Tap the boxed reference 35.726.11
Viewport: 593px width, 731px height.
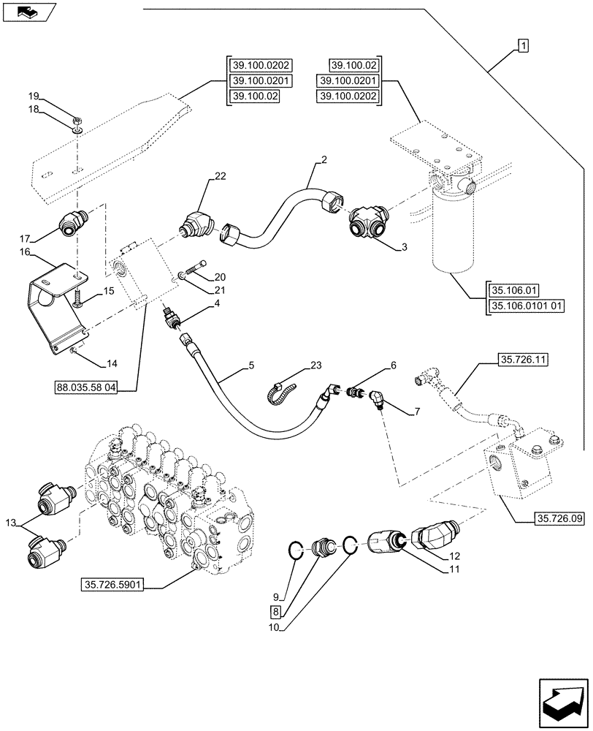(x=524, y=359)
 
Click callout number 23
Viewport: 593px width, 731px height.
(x=315, y=366)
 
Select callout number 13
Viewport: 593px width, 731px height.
(x=9, y=523)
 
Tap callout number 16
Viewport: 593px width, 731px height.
(x=24, y=251)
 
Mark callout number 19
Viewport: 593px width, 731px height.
(x=33, y=96)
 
